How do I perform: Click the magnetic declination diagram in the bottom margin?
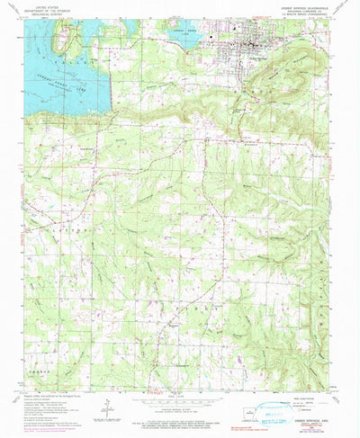point(106,412)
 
